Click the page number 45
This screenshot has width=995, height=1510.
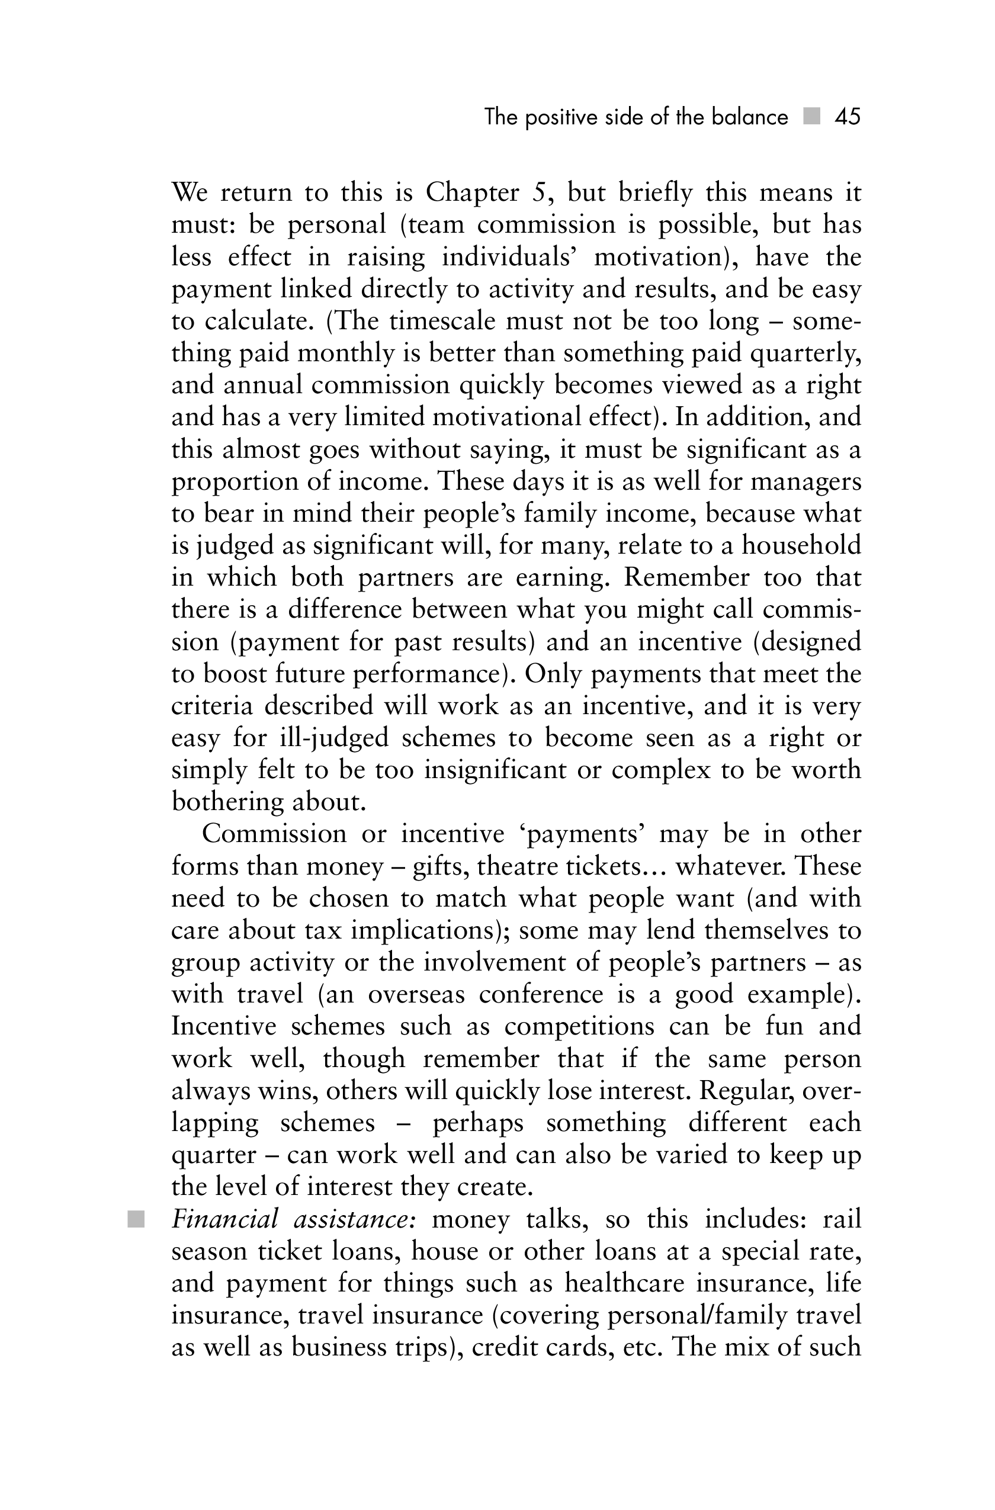(847, 117)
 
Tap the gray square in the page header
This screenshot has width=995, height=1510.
(811, 116)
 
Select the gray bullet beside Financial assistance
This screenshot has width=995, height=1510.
(136, 1219)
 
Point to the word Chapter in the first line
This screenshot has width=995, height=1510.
(472, 193)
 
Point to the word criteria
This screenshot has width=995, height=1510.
(211, 706)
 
